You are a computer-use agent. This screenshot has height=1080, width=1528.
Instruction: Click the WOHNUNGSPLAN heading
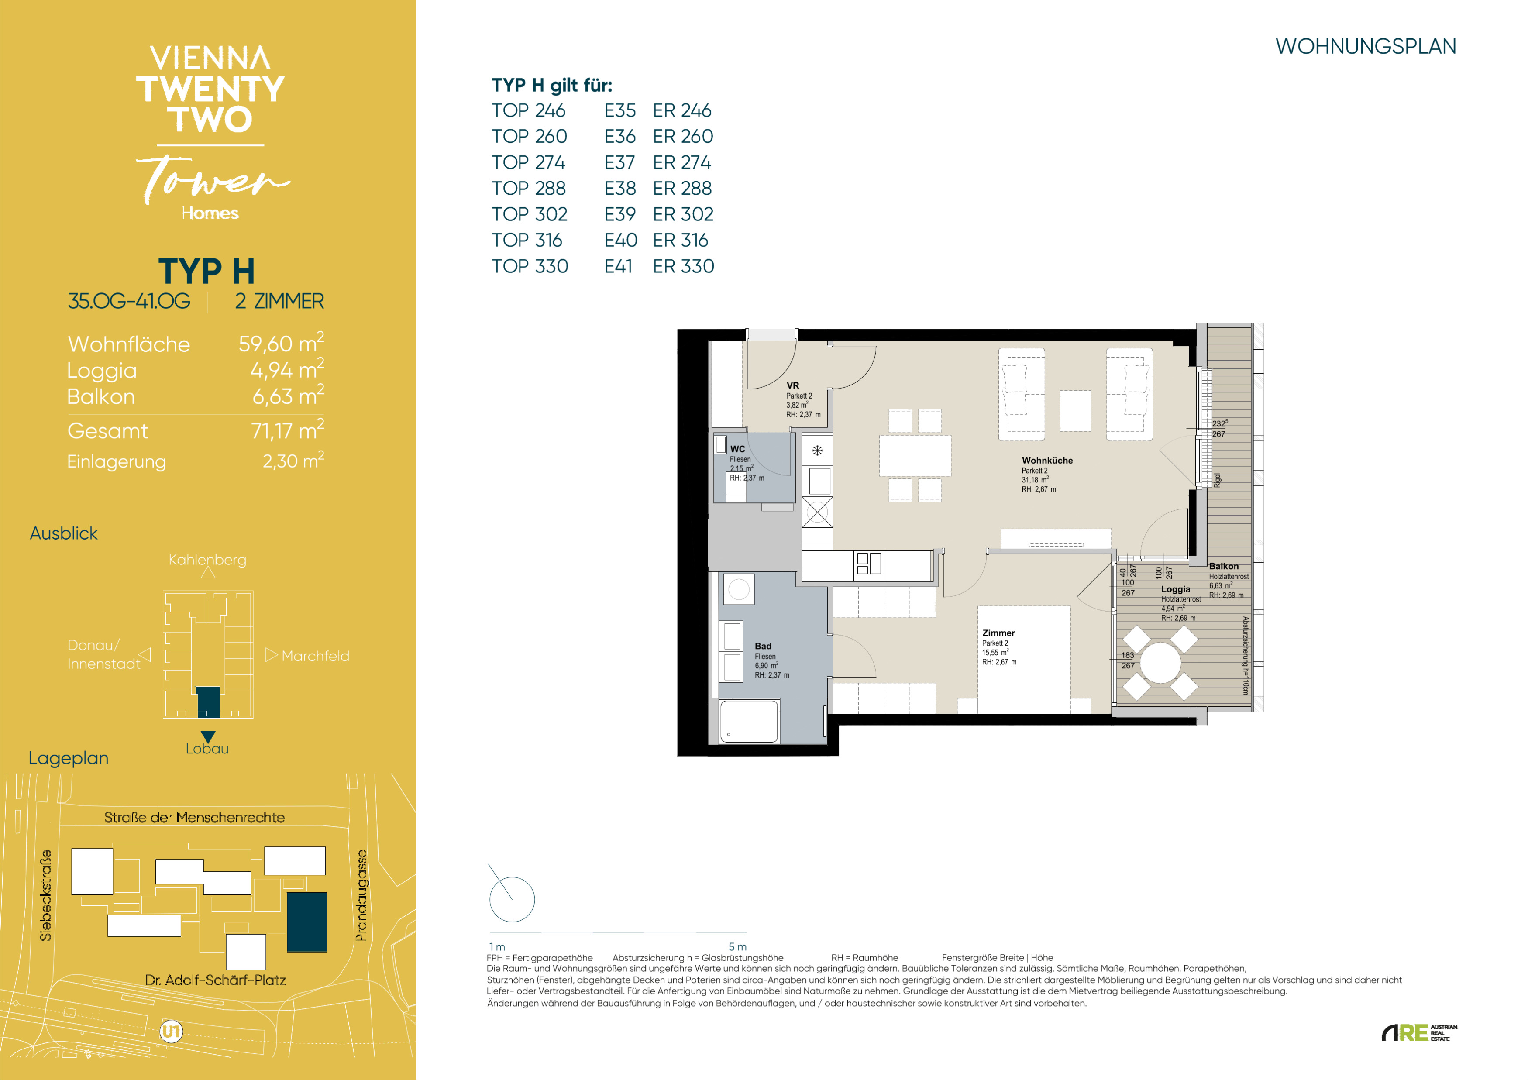point(1366,47)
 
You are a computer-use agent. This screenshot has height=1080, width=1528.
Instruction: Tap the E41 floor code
point(618,266)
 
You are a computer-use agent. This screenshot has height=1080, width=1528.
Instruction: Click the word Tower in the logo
point(213,179)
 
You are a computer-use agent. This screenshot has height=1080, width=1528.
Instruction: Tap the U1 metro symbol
point(171,1032)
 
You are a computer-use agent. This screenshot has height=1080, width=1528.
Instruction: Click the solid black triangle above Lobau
point(208,736)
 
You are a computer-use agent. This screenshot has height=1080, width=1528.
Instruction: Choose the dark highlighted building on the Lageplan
point(307,922)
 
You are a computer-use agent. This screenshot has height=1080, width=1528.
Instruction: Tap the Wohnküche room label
point(1047,461)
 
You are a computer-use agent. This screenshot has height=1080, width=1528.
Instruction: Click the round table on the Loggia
point(1161,663)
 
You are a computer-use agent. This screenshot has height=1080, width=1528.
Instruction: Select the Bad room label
point(763,646)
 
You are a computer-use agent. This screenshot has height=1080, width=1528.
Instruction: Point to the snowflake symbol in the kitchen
point(817,451)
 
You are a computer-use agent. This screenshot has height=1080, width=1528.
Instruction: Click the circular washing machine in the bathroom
point(739,589)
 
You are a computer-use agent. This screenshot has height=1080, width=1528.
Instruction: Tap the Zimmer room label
point(998,633)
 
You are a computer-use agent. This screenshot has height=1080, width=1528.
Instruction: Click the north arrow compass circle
point(512,899)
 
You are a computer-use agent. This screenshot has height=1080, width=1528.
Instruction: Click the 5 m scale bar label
point(737,947)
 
